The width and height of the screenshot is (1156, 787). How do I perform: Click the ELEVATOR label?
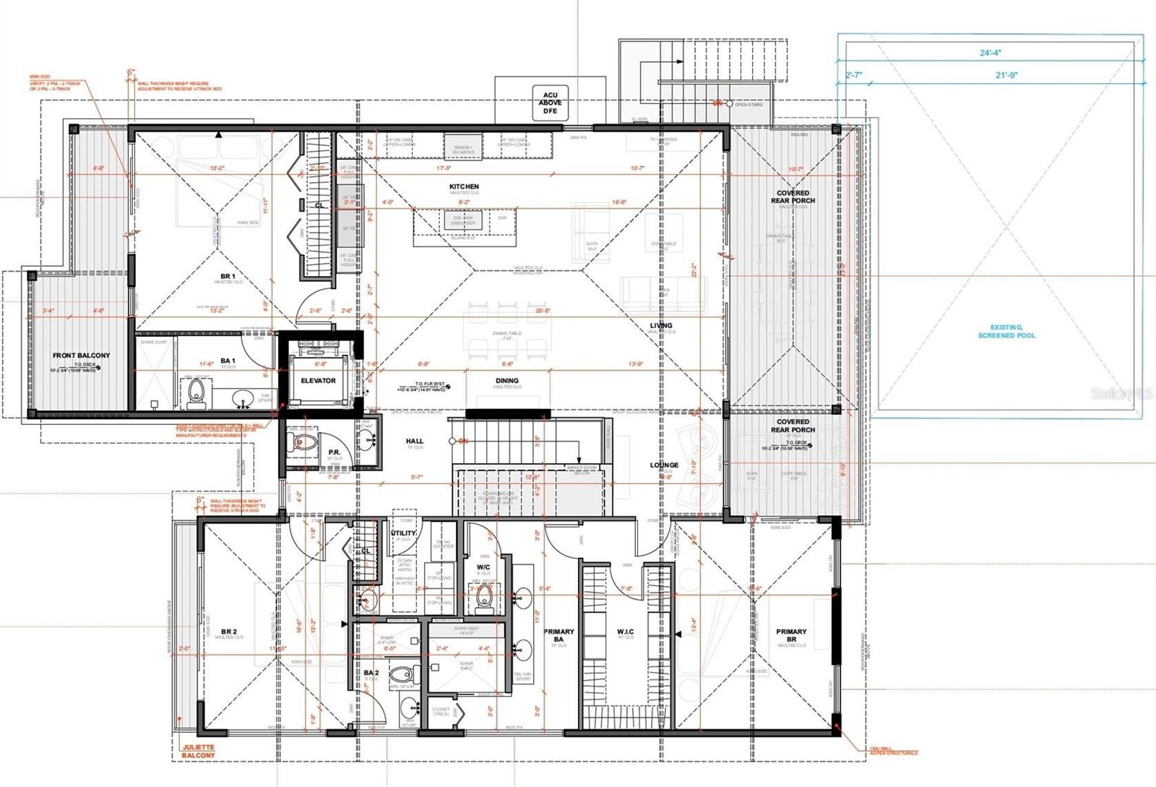tap(318, 380)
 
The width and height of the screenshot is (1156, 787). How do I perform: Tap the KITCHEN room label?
tap(464, 186)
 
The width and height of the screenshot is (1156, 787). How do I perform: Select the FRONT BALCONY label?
tap(82, 356)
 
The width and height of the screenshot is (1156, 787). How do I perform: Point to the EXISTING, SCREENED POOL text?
tap(1006, 332)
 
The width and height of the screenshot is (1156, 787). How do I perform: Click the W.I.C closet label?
tap(626, 631)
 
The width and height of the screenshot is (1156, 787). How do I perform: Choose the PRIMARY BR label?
tap(791, 635)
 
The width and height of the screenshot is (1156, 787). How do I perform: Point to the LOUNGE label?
tap(664, 465)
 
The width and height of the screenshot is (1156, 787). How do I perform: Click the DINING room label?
tap(506, 381)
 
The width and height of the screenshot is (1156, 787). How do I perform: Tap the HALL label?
tap(415, 441)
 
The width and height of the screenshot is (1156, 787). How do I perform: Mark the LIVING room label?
tap(660, 326)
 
